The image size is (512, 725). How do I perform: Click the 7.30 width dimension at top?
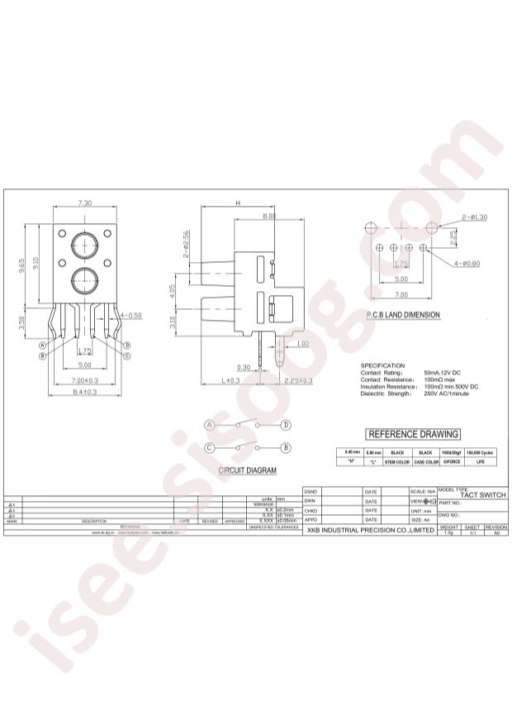(85, 203)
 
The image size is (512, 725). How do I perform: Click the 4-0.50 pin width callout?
(130, 316)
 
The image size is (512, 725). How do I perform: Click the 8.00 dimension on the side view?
(268, 216)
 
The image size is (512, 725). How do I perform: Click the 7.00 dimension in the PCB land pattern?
(401, 295)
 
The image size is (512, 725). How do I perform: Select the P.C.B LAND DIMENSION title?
(403, 315)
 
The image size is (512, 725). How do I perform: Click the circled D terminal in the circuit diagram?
(286, 425)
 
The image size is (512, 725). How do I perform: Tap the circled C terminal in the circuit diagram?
(210, 447)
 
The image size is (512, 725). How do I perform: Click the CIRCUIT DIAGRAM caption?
(247, 470)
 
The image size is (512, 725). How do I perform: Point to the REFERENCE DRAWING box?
(412, 434)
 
